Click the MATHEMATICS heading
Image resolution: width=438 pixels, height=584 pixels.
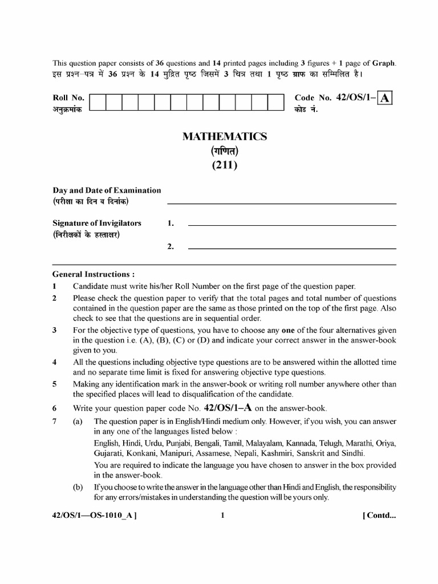224,136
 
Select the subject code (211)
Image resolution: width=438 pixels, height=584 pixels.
224,166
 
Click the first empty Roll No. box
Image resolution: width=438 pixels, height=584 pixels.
98,102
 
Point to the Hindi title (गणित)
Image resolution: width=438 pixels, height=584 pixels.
224,151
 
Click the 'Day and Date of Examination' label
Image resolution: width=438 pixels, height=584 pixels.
107,190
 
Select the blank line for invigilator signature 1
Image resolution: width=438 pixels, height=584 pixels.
291,226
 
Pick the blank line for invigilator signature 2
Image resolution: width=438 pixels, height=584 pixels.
291,248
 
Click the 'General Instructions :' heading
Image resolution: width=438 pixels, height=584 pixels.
94,274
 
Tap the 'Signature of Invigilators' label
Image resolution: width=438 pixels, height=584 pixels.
97,223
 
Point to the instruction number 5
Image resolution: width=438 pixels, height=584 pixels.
55,384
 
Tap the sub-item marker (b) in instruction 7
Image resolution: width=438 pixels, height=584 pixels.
78,487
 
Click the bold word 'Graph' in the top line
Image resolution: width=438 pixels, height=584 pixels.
384,63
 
